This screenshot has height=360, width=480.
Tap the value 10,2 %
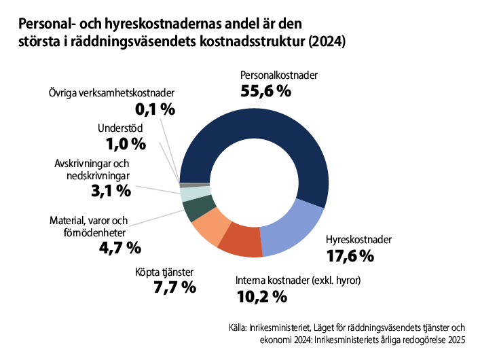(x=261, y=296)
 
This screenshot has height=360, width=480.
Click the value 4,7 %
(x=119, y=247)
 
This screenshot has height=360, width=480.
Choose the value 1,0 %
(x=126, y=143)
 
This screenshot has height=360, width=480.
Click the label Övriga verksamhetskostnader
(x=112, y=92)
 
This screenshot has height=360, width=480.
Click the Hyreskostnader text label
(x=358, y=240)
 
